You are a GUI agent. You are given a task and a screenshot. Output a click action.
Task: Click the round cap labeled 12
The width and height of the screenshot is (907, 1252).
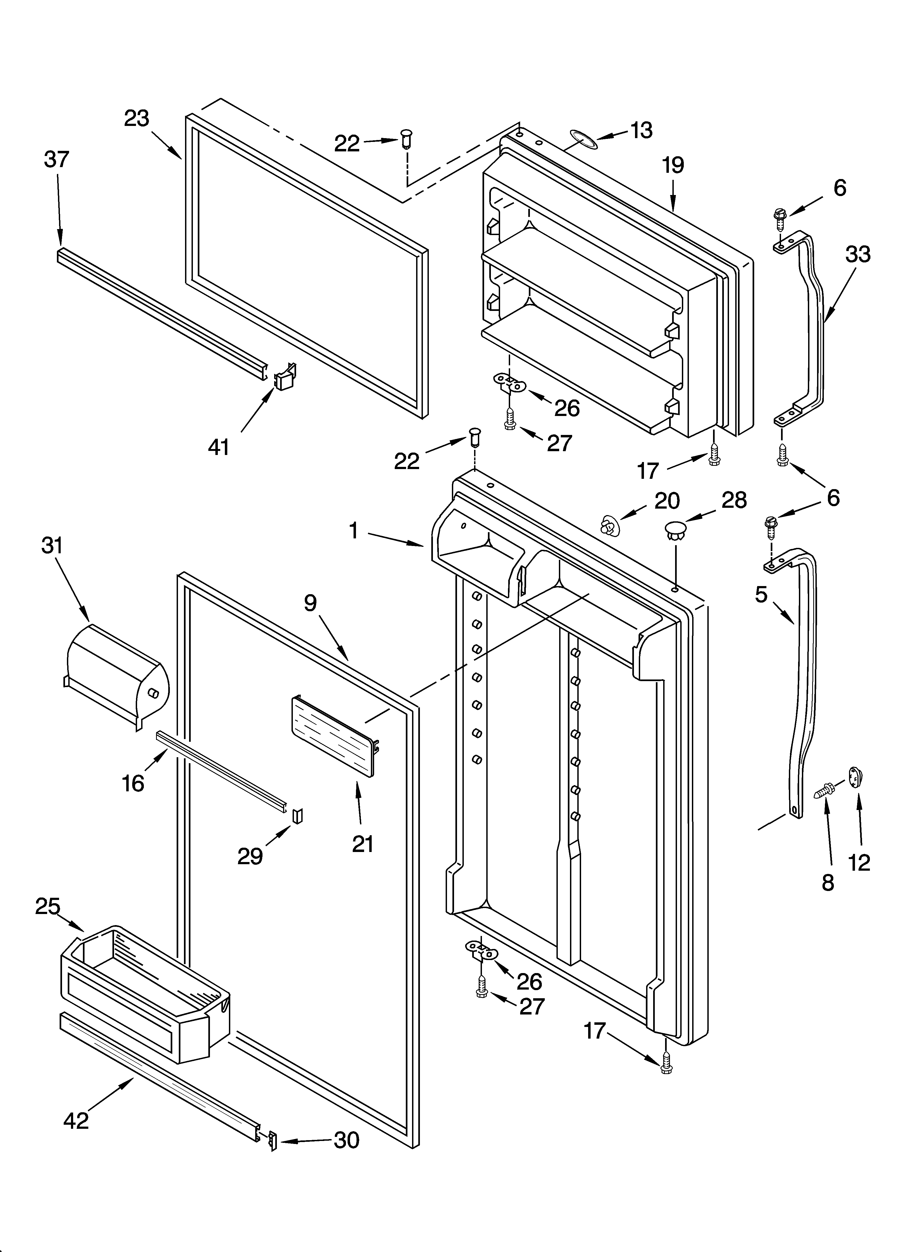click(855, 778)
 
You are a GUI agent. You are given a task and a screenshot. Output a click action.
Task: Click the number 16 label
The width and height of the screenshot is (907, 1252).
click(132, 783)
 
